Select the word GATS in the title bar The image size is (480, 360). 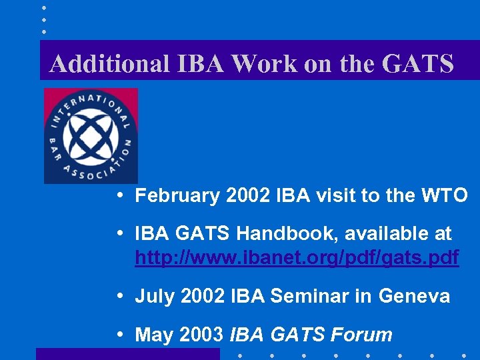418,63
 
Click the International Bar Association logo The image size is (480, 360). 91,135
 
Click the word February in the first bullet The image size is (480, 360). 177,195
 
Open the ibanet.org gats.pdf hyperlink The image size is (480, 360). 297,257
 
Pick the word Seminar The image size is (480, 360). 321,296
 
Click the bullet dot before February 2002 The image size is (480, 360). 117,196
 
